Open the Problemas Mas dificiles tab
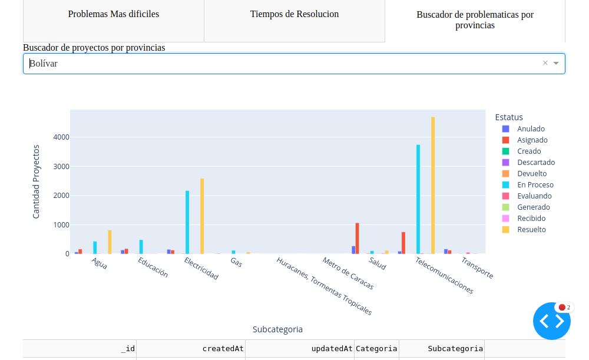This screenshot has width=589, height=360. (114, 14)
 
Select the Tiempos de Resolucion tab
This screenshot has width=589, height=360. (294, 14)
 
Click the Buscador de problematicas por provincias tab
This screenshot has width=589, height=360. (475, 20)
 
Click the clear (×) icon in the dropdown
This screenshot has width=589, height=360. (545, 63)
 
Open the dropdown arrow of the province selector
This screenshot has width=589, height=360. (556, 63)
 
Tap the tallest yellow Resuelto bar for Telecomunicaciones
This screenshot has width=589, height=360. (433, 185)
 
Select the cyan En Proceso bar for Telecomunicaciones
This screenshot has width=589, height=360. (418, 199)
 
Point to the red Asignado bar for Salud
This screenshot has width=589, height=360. (358, 238)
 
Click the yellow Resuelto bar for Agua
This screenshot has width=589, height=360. (110, 242)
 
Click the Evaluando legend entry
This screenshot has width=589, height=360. (534, 196)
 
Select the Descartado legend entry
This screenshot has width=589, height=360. (535, 162)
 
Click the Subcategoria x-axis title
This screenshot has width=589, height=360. (277, 329)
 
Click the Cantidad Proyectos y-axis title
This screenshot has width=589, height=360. (36, 181)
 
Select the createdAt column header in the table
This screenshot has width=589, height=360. (223, 348)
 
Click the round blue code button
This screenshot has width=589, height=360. (552, 321)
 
